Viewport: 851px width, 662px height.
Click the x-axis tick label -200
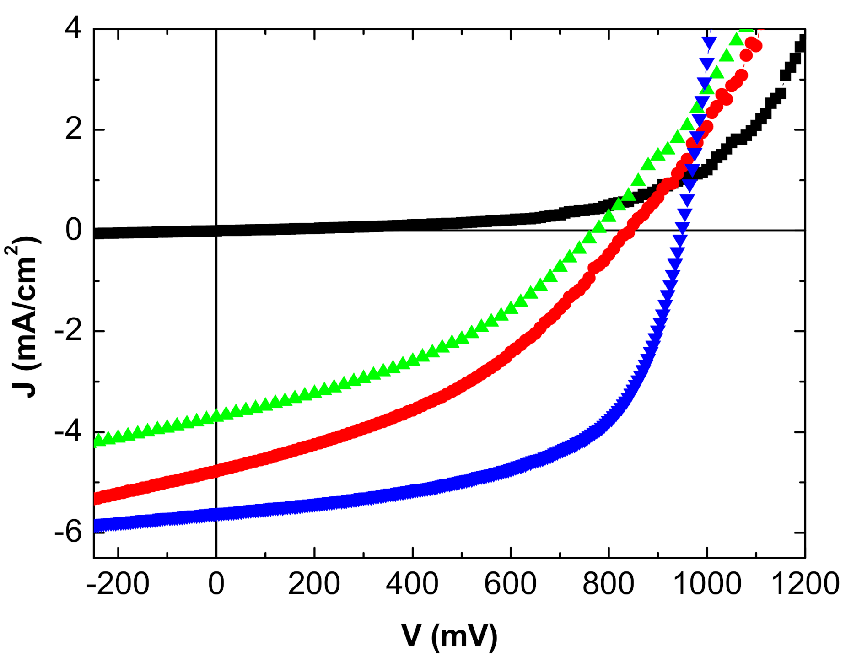coord(118,584)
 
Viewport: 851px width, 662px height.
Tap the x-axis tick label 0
coord(216,584)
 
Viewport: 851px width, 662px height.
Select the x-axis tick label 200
coord(314,584)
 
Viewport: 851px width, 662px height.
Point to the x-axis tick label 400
coord(412,584)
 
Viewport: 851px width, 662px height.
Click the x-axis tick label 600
coord(510,584)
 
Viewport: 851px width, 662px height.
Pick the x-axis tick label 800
coord(608,584)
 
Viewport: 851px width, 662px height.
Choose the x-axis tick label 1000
coord(707,584)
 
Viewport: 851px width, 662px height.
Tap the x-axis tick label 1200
coord(805,584)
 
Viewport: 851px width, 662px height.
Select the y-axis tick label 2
coord(73,129)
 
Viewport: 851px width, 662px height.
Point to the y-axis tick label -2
coord(68,331)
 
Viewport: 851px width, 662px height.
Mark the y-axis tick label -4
coord(68,432)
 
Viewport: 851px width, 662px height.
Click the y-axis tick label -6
coord(68,533)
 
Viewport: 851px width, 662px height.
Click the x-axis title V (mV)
coord(449,636)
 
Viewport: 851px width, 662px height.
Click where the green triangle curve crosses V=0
coord(216,415)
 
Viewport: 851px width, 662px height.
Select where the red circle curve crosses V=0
coord(216,470)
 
